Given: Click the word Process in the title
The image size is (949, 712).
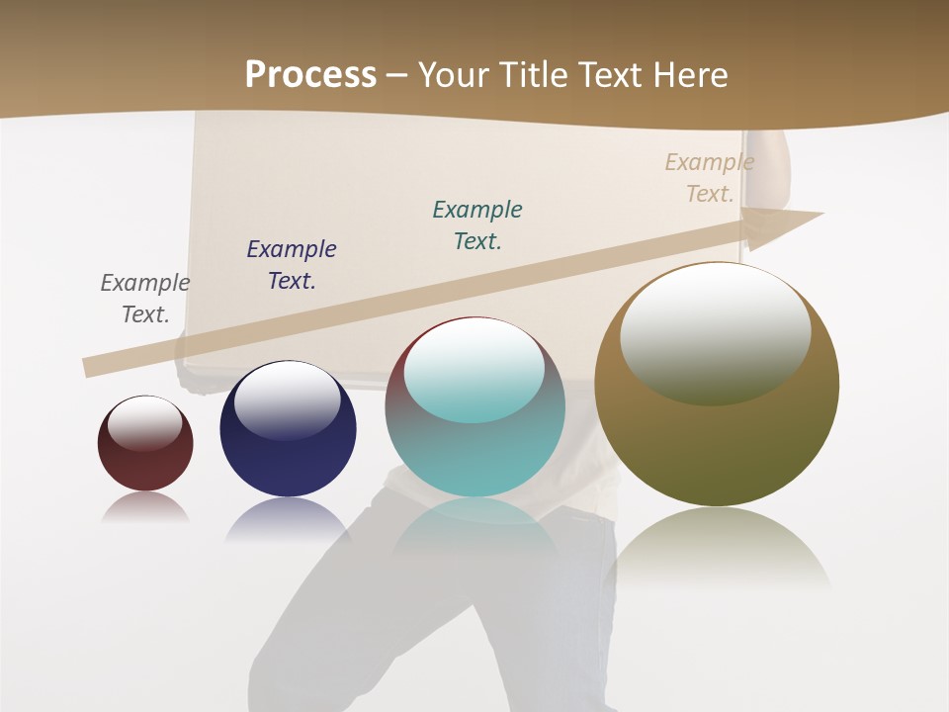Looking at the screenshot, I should point(310,75).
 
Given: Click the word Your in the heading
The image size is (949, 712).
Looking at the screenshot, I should point(454,75).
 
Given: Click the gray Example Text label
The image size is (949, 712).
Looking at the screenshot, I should point(145,299).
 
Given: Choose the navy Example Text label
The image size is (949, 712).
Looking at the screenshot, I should point(292,265).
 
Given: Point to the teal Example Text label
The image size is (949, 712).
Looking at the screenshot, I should point(477,225).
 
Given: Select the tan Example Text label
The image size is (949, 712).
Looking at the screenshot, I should point(709,178).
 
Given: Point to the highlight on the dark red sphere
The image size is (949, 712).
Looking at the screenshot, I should point(144,423).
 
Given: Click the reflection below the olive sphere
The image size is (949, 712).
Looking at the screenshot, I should point(719,549).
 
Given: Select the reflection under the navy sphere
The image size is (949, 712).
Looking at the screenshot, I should point(288,518).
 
